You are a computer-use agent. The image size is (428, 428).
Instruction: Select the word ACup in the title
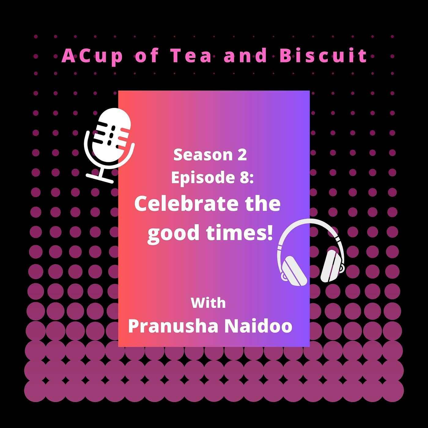coord(92,57)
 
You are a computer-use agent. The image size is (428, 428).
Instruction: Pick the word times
coord(235,233)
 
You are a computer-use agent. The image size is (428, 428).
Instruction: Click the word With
coord(208,303)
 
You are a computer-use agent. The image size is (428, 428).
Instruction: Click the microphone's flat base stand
coord(100,179)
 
